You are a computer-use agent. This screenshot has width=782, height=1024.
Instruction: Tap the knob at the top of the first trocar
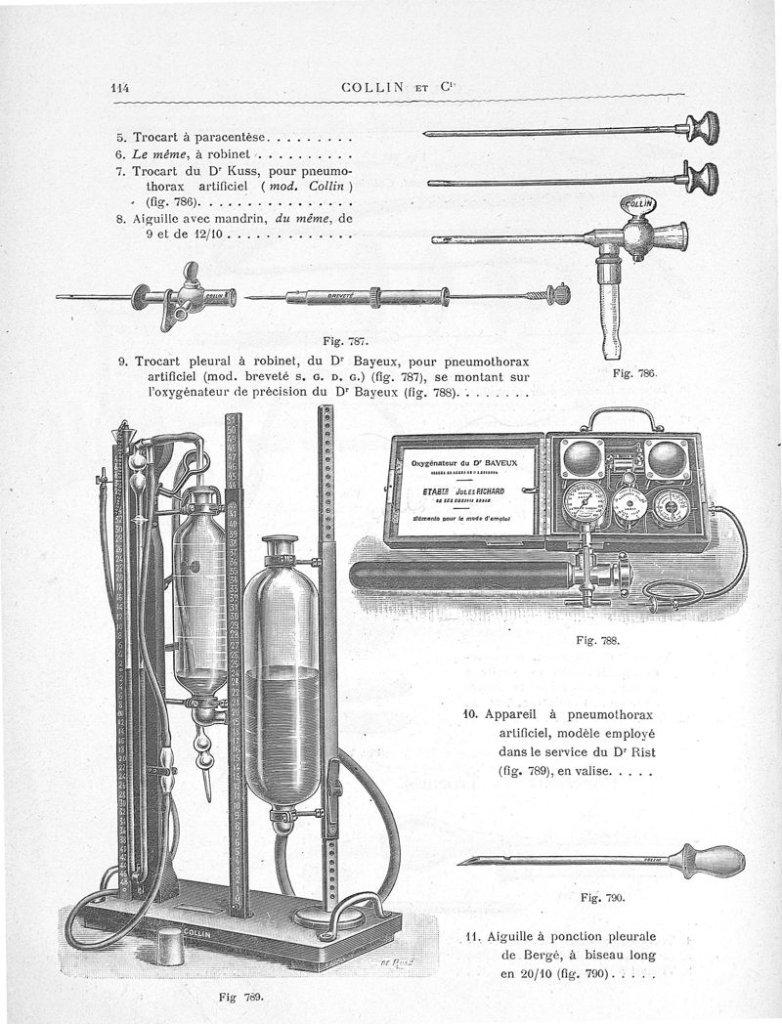coord(706,127)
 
